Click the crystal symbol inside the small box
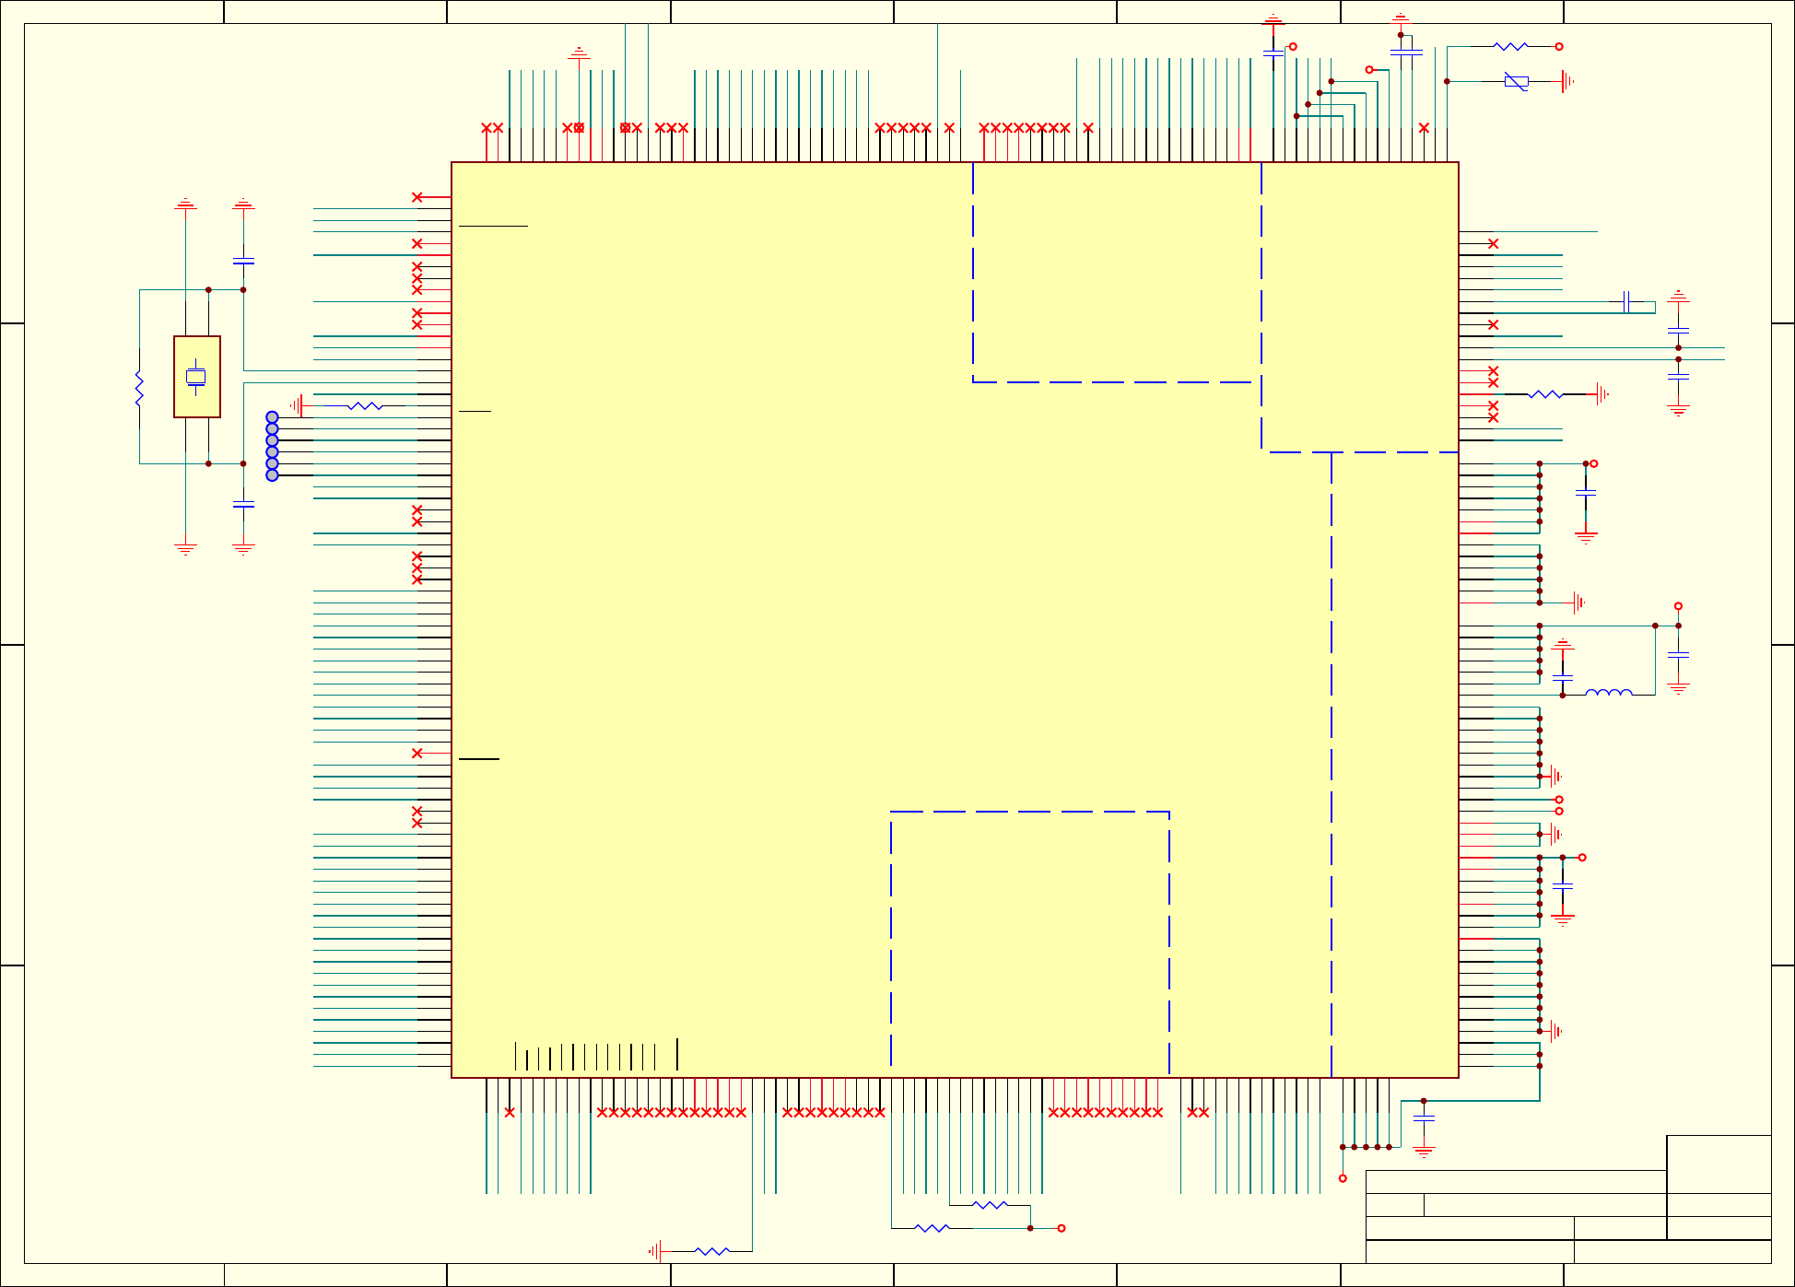[195, 376]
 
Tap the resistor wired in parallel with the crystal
[139, 388]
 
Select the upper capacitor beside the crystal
[243, 262]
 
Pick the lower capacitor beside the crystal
[243, 504]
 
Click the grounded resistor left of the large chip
[365, 405]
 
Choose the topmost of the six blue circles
[272, 417]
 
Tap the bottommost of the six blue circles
[272, 475]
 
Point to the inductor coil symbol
[1608, 693]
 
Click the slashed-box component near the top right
[1516, 81]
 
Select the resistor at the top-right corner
[1510, 46]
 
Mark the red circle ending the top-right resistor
[1559, 46]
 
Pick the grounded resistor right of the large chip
[1545, 394]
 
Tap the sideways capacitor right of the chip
[1625, 301]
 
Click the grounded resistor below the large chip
[711, 1251]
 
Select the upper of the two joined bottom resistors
[990, 1205]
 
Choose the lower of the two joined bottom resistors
[932, 1228]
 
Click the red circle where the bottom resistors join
[1062, 1228]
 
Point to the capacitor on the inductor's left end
[1563, 677]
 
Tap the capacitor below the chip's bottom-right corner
[1424, 1118]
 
